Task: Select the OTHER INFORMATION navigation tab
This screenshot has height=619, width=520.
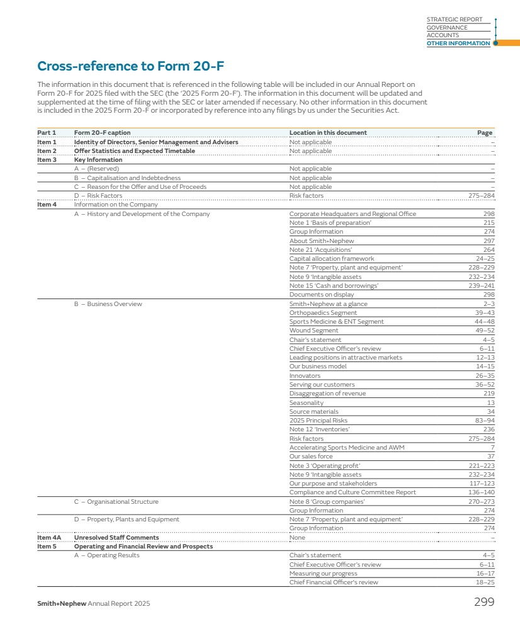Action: point(458,43)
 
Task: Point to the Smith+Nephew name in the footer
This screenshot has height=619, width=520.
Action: point(62,604)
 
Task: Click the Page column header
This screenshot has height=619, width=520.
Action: point(484,133)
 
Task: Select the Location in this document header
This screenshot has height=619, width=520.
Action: point(328,133)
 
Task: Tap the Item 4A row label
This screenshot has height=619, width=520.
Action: point(49,538)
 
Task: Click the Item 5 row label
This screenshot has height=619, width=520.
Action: point(46,547)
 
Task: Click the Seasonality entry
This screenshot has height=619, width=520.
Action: point(307,402)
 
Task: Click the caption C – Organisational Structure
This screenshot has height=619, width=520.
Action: point(116,502)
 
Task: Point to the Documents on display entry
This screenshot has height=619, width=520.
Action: point(321,295)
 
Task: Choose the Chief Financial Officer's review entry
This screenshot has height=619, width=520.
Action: point(334,582)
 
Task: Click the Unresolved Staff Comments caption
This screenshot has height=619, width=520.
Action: point(116,538)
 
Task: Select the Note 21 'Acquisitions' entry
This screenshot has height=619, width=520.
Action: point(320,249)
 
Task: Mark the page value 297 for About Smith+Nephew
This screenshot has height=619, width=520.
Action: point(489,241)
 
